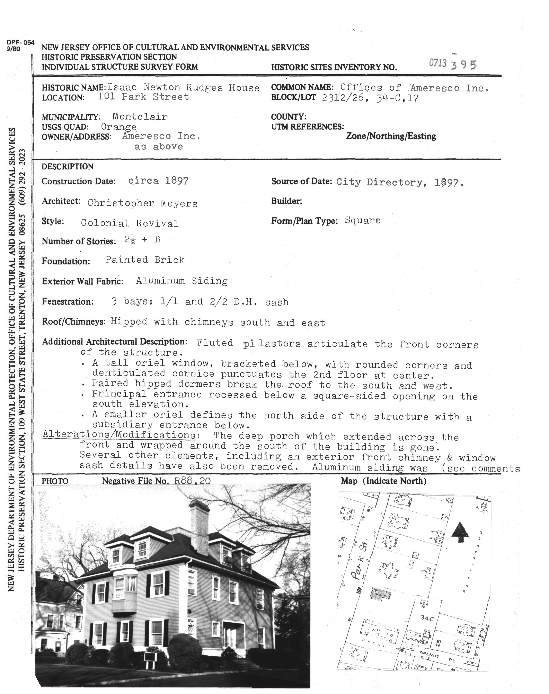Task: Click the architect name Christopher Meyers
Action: tap(142, 203)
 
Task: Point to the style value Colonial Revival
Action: tap(130, 223)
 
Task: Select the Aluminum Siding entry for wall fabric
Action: tap(182, 281)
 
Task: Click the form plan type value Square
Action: tap(362, 220)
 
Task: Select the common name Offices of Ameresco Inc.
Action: tap(414, 87)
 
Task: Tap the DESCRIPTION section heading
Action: tap(68, 167)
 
